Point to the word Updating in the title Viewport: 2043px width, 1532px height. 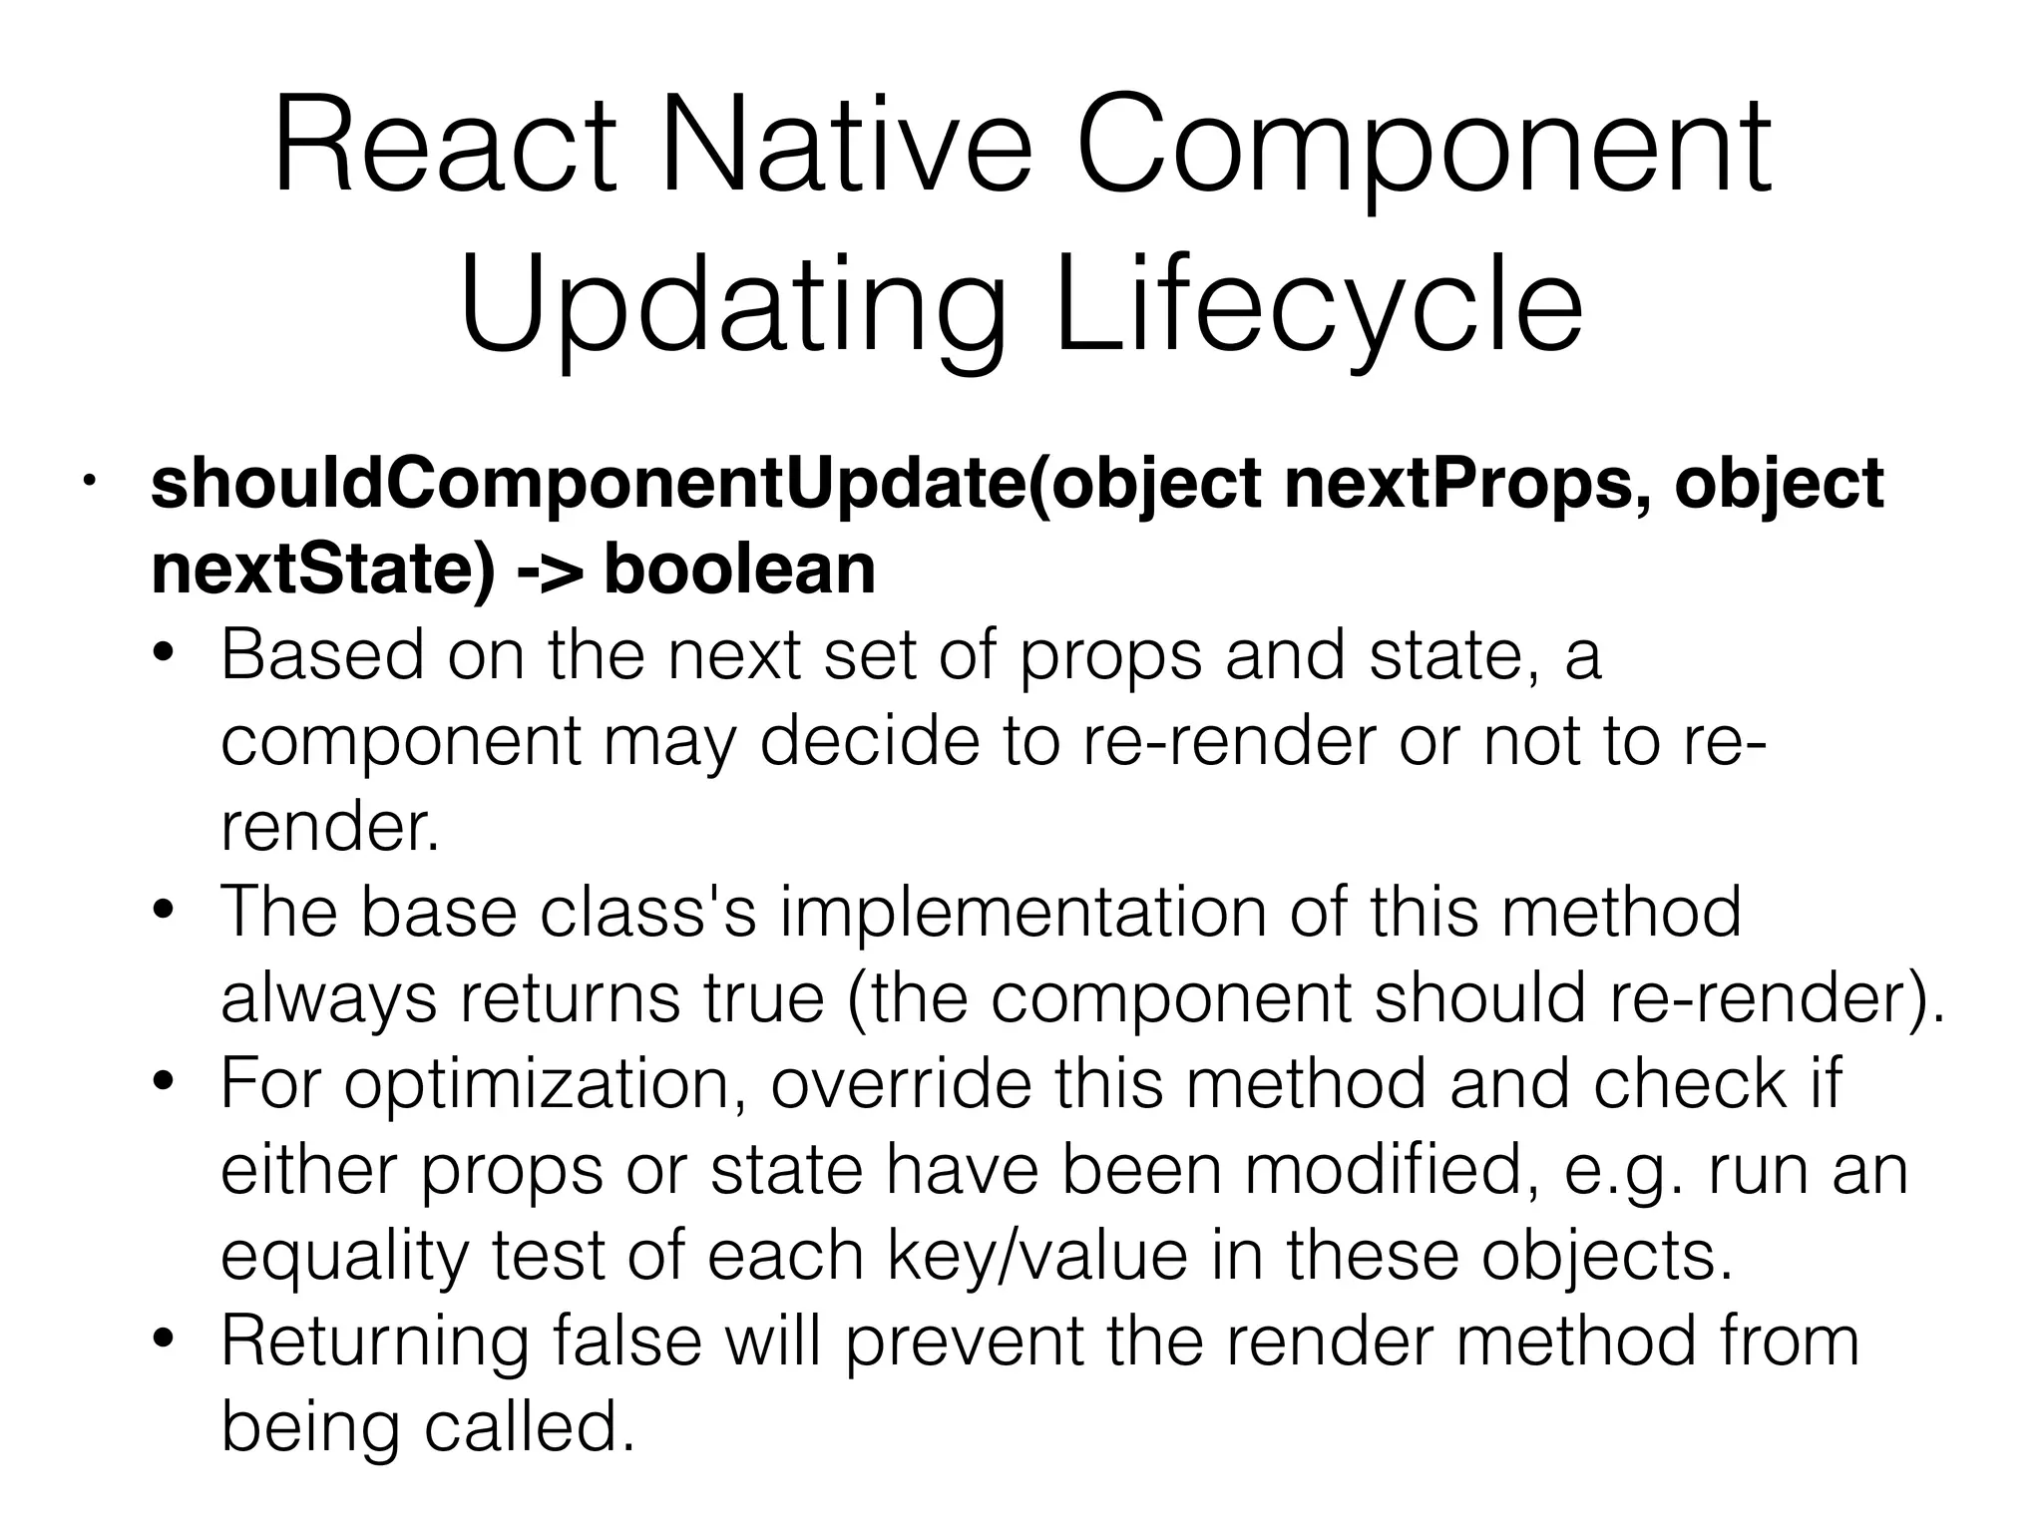(733, 304)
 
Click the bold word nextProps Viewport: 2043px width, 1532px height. (1446, 485)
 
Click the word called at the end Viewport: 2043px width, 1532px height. (530, 1425)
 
